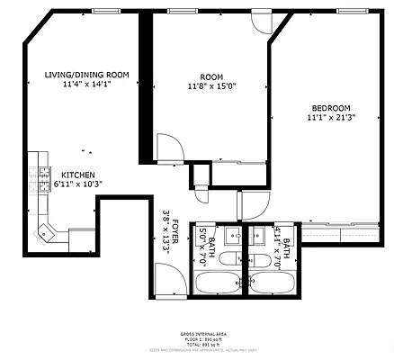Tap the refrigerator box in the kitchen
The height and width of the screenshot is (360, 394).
click(x=82, y=238)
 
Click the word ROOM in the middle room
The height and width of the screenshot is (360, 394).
click(x=211, y=76)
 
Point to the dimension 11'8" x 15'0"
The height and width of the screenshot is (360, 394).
click(x=211, y=87)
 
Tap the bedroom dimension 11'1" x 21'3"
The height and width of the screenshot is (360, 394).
click(x=331, y=117)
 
